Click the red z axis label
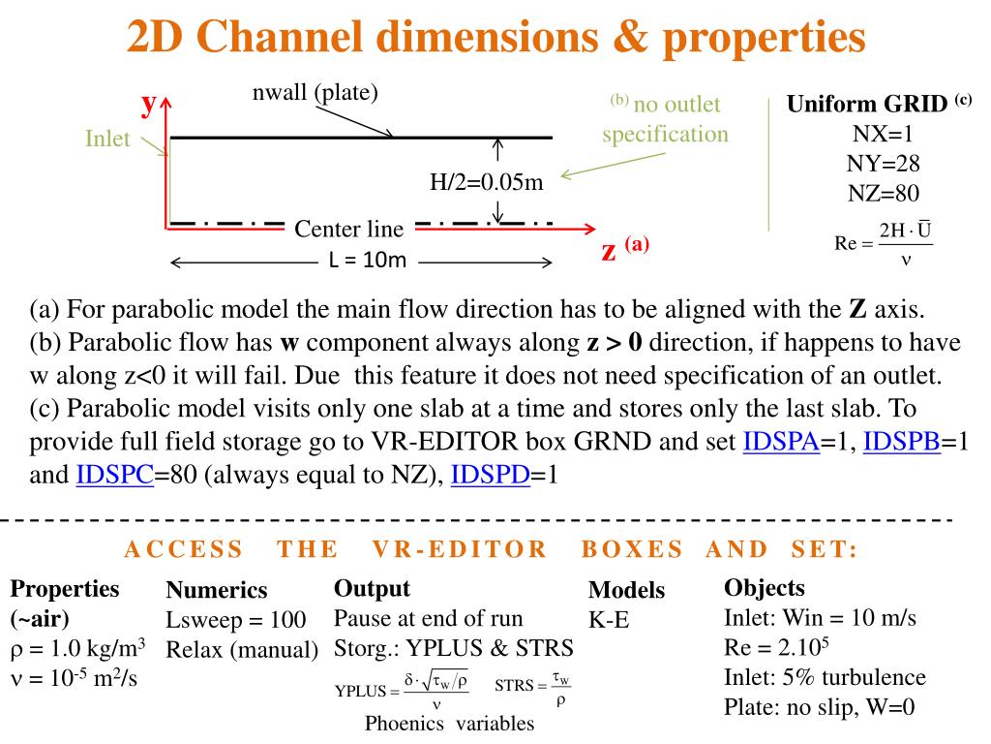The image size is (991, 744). [609, 251]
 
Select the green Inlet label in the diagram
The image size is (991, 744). [107, 139]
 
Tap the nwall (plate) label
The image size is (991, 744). [315, 93]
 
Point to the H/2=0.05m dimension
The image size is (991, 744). [487, 182]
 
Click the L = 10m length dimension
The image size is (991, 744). [368, 260]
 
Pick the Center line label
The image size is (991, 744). [348, 229]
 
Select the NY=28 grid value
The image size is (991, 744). [883, 164]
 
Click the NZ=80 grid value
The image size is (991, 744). [884, 194]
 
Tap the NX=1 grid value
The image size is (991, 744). [883, 134]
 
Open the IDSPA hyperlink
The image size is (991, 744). [781, 442]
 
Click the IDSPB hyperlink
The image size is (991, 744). [902, 442]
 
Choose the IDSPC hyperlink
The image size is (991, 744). [115, 475]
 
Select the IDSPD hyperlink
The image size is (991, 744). [491, 475]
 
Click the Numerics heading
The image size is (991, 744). [217, 590]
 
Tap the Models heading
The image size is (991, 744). [626, 590]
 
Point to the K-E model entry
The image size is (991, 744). [609, 620]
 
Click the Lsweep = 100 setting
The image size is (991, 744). [236, 619]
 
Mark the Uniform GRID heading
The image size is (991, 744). [867, 104]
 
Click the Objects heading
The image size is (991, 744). [765, 588]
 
